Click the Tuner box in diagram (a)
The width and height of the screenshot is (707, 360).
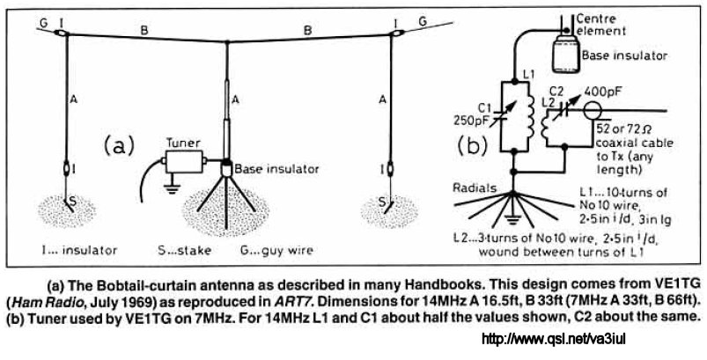tap(188, 162)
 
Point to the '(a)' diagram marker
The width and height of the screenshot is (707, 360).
tap(119, 143)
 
